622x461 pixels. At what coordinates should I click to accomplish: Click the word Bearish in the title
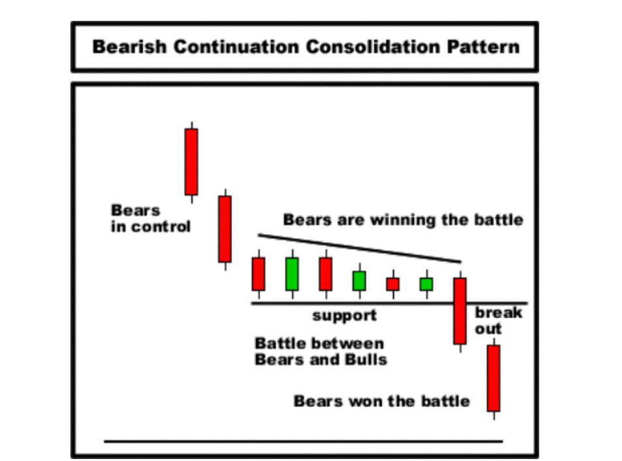pos(129,47)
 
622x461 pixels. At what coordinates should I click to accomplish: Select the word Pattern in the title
pos(483,47)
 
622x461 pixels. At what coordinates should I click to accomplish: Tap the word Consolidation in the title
pos(373,47)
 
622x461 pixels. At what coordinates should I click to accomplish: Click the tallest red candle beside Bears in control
pos(192,162)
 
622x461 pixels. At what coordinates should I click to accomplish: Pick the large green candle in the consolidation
pos(292,274)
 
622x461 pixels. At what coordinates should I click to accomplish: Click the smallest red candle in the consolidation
pos(393,284)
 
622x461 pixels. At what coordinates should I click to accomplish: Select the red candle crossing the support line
pos(460,311)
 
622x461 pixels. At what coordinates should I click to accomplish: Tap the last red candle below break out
pos(494,378)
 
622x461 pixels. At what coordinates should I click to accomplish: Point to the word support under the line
pos(344,316)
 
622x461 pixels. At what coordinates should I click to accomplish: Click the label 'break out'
pos(499,321)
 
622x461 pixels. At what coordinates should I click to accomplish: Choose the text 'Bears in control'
pos(151,218)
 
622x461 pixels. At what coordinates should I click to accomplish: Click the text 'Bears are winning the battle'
pos(403,220)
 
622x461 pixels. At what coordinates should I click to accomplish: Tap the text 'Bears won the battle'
pos(381,401)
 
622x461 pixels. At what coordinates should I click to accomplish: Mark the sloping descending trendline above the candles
pos(359,248)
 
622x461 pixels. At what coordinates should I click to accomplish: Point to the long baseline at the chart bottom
pos(303,441)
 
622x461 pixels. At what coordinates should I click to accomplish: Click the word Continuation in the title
pos(236,47)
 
